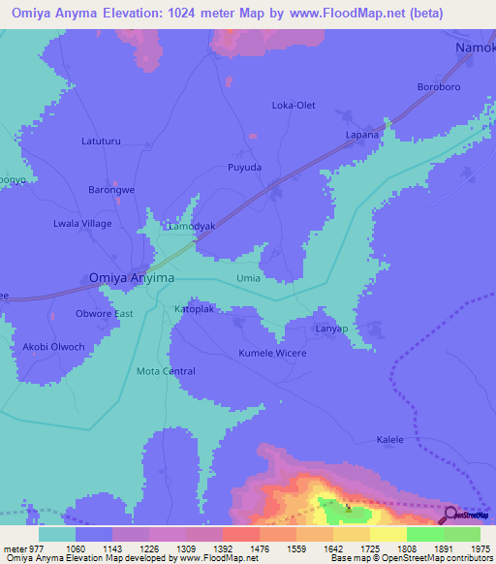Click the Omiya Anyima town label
pyautogui.click(x=132, y=277)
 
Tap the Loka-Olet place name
pyautogui.click(x=294, y=105)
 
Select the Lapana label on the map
pyautogui.click(x=362, y=135)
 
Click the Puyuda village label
pyautogui.click(x=244, y=168)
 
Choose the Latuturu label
pyautogui.click(x=101, y=141)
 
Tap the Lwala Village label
pyautogui.click(x=82, y=224)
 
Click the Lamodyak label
pyautogui.click(x=192, y=226)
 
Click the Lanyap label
pyautogui.click(x=331, y=329)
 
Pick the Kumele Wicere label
pyautogui.click(x=272, y=354)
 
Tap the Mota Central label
pyautogui.click(x=166, y=371)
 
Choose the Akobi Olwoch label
pyautogui.click(x=47, y=347)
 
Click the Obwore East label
pyautogui.click(x=104, y=314)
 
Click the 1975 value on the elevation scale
pyautogui.click(x=480, y=548)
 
